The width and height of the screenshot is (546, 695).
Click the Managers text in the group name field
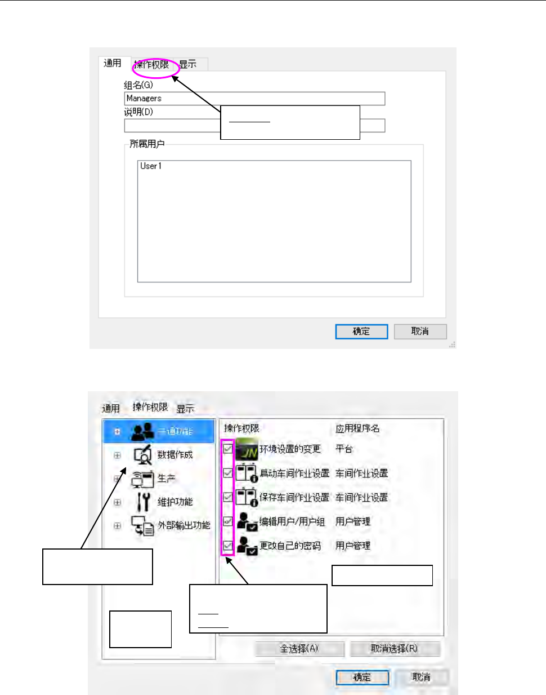[x=144, y=99]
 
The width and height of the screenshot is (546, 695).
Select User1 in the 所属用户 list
[x=151, y=166]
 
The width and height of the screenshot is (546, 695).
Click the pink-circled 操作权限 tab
[x=152, y=65]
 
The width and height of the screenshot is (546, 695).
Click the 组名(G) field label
[x=138, y=85]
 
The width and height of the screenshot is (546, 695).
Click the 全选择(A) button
[x=299, y=649]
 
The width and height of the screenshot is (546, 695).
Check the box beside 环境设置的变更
[x=228, y=449]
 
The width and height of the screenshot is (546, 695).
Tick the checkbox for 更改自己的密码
[x=228, y=546]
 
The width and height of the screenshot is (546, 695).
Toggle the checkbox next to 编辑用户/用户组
[x=228, y=521]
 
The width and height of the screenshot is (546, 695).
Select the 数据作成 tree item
[x=174, y=455]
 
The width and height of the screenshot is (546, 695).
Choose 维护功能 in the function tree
[x=174, y=502]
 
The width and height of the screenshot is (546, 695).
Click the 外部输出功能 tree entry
[x=184, y=525]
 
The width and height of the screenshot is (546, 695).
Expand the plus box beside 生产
[x=118, y=479]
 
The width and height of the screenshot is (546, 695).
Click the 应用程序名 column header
[x=357, y=429]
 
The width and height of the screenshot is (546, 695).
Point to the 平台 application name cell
[x=344, y=449]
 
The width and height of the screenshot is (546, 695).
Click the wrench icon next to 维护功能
[x=144, y=501]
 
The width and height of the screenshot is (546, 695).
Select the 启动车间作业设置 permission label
[x=294, y=473]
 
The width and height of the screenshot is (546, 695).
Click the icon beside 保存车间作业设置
[x=247, y=497]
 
